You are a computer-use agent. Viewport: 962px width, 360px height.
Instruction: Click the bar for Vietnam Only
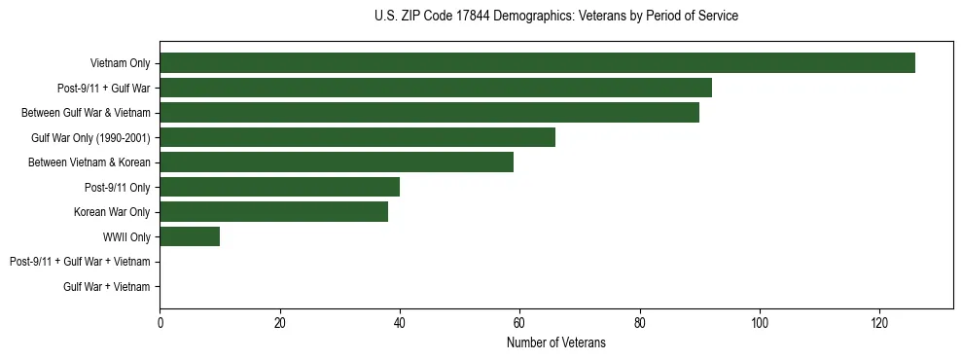pos(537,63)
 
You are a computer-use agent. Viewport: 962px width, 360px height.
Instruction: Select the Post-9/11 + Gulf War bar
pos(436,88)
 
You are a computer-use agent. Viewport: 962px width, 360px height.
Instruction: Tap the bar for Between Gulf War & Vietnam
pos(429,113)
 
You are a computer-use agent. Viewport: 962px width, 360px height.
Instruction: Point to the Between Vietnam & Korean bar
pos(337,162)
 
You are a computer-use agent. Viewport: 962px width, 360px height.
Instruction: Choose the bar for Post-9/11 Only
pos(279,187)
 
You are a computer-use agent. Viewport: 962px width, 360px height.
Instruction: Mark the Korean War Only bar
pos(273,211)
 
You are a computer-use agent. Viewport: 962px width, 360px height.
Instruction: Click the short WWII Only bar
pos(190,236)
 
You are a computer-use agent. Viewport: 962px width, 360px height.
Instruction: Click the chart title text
pos(555,17)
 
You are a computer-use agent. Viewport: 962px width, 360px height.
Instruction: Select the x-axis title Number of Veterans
pos(555,342)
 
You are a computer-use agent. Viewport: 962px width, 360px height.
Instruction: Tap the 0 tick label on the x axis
pos(160,324)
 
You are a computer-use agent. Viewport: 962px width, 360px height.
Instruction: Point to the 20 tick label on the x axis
pos(279,324)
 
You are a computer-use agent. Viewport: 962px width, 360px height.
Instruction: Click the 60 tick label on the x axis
pos(519,324)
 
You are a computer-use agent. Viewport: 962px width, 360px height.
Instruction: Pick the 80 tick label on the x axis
pos(640,324)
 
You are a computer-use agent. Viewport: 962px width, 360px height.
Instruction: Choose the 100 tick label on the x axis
pos(760,324)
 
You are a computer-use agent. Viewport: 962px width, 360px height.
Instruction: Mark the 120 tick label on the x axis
pos(879,324)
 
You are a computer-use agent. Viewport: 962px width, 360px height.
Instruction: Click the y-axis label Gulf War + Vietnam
pos(107,286)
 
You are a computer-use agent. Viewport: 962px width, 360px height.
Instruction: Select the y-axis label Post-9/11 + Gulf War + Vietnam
pos(80,262)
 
